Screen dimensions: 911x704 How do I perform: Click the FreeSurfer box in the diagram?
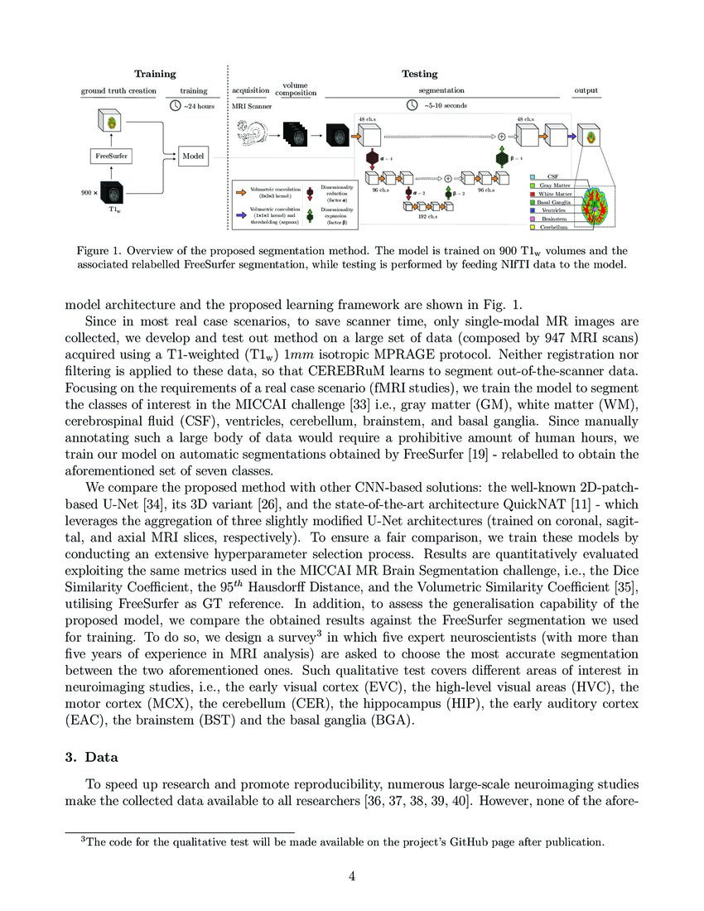tap(110, 155)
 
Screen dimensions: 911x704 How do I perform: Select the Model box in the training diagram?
tap(193, 155)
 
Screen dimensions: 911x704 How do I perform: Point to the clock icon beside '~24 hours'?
tap(175, 106)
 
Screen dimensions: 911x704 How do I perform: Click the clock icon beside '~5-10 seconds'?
tap(412, 106)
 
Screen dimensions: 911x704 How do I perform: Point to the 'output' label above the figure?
tap(586, 90)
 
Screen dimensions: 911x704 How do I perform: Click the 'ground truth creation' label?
tap(118, 90)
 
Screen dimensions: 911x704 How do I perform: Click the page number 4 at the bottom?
tap(352, 878)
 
